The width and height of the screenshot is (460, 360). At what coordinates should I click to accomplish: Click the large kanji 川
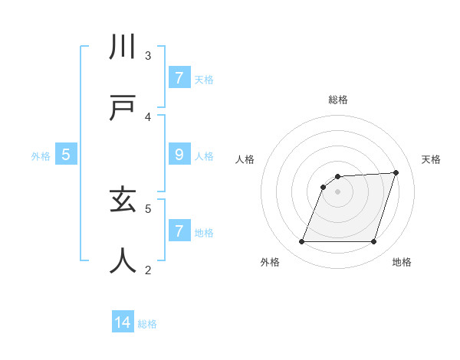[123, 47]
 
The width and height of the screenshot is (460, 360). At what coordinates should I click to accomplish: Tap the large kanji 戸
[123, 108]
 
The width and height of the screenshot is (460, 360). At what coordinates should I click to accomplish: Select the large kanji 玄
[123, 201]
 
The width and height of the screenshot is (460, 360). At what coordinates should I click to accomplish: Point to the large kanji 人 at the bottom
[123, 260]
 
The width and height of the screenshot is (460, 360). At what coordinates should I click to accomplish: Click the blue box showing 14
[123, 322]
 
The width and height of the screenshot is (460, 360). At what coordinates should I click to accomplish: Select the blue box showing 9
[179, 155]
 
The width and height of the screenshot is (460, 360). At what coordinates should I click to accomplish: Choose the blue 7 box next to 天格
[179, 78]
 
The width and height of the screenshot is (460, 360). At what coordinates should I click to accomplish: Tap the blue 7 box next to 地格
[179, 231]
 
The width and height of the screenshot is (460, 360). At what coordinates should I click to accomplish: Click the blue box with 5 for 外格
[66, 155]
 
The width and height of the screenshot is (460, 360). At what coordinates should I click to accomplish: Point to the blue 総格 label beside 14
[147, 324]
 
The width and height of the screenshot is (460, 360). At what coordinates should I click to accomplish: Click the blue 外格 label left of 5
[41, 156]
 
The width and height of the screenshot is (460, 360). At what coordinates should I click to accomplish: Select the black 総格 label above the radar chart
[337, 100]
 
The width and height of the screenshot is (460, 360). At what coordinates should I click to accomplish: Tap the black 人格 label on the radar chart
[245, 159]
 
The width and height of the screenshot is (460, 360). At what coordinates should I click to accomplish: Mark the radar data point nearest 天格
[396, 173]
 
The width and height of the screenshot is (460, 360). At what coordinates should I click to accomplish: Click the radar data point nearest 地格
[374, 242]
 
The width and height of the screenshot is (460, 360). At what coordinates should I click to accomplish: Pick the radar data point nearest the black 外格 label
[301, 242]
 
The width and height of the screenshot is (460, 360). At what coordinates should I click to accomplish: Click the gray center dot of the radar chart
[337, 191]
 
